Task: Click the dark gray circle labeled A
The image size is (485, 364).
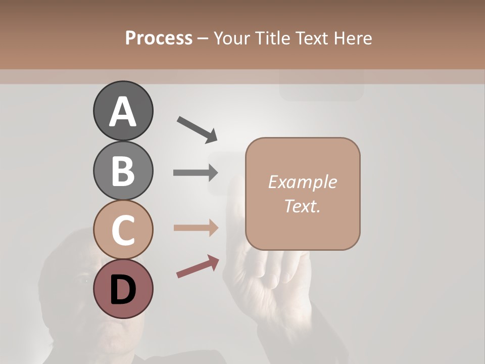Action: [x=123, y=111]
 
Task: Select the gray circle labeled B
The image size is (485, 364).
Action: [x=123, y=170]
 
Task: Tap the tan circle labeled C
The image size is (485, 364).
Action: [x=123, y=230]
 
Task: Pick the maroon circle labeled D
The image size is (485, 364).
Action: [x=123, y=289]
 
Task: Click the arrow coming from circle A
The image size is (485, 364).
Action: [x=197, y=129]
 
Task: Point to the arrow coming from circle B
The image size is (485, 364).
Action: [x=196, y=173]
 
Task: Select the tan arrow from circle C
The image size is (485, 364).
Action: [x=196, y=227]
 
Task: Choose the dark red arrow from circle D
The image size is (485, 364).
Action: [x=198, y=266]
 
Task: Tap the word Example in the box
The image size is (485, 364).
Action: [x=303, y=182]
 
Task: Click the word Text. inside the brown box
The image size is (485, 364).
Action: [x=303, y=206]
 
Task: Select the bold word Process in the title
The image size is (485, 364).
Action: [x=159, y=38]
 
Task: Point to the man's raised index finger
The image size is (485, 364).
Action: [x=235, y=202]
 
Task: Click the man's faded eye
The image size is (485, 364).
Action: [x=82, y=280]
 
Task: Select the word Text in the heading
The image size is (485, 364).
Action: [x=313, y=38]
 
